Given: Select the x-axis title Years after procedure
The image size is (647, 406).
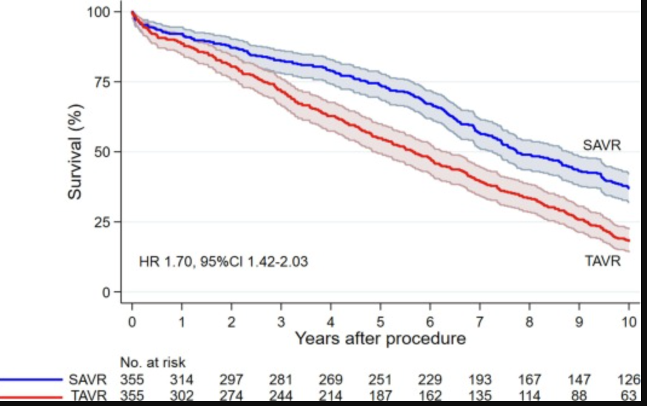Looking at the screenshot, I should point(380,338).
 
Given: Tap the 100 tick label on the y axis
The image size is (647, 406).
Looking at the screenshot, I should point(97,12).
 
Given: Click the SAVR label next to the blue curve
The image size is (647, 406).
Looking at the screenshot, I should point(602,145).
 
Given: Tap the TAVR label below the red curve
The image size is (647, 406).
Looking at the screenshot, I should point(602,262).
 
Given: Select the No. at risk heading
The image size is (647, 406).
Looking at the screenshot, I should point(153,362).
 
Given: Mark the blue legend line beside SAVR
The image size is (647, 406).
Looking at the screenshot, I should point(30,381).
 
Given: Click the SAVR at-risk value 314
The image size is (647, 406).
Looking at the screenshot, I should point(182,381).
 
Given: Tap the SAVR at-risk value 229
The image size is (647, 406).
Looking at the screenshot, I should point(430,381).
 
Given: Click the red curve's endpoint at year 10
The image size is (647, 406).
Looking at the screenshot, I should point(629,240).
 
